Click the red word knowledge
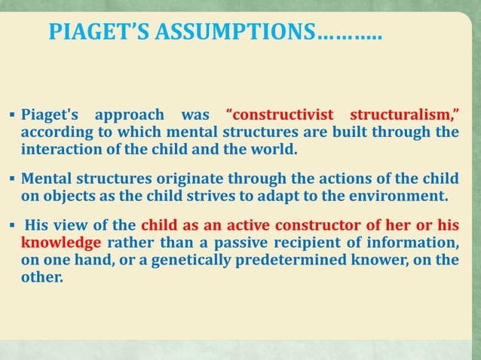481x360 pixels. pyautogui.click(x=61, y=243)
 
